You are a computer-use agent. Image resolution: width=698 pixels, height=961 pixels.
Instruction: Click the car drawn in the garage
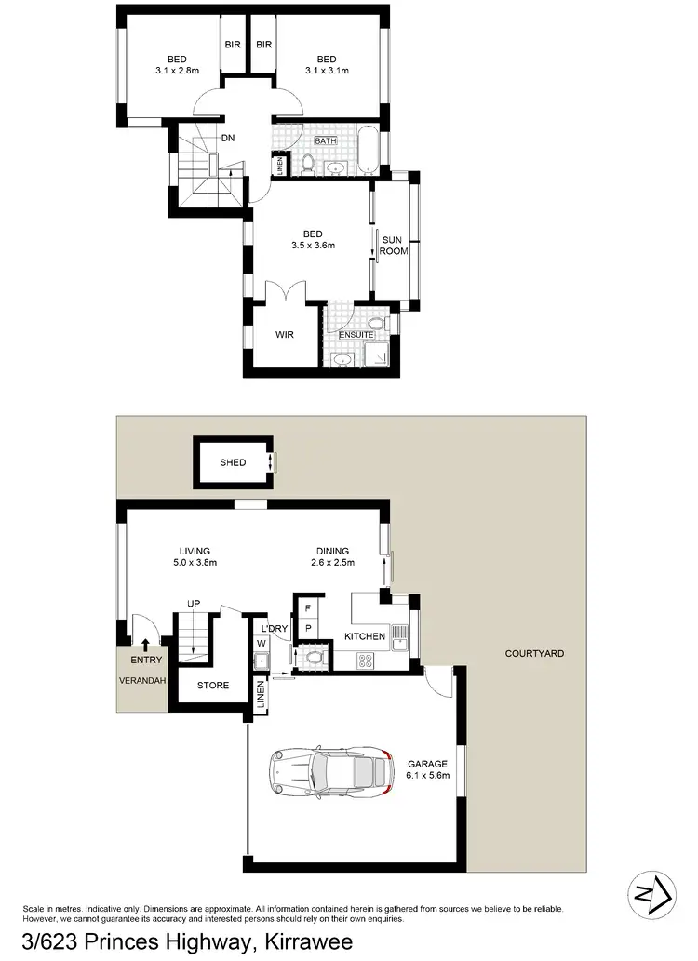326,770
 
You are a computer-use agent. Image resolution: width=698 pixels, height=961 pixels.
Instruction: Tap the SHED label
233,462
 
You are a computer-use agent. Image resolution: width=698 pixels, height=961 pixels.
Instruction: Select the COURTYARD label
534,654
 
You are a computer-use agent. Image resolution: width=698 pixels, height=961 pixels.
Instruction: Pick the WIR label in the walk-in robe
285,335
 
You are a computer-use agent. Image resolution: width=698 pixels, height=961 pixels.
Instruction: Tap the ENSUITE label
356,335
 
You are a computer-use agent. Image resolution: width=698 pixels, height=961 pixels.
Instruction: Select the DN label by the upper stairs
227,139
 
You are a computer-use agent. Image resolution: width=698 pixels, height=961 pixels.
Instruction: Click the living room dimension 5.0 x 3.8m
195,562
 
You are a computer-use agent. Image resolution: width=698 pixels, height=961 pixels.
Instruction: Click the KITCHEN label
365,636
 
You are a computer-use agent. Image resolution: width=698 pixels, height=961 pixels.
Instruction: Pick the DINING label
332,550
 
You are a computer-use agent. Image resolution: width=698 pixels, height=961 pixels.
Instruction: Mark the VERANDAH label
141,680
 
